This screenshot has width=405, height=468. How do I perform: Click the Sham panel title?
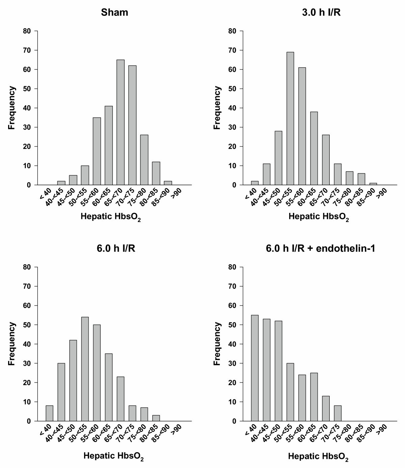[114, 13]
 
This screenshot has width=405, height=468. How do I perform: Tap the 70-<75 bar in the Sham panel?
[132, 125]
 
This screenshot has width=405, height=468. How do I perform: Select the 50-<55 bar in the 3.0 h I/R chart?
[290, 118]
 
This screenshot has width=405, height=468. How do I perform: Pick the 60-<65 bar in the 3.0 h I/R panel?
[314, 148]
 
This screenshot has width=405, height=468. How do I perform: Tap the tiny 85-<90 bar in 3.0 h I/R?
[373, 184]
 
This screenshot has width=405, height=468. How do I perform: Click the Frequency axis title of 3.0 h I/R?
[217, 108]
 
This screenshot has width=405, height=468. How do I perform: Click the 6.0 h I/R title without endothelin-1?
[116, 249]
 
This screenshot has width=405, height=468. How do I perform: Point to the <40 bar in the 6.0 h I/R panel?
[50, 413]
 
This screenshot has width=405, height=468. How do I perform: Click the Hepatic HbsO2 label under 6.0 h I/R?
[113, 457]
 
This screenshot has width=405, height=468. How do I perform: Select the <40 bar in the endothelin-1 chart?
[255, 368]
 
